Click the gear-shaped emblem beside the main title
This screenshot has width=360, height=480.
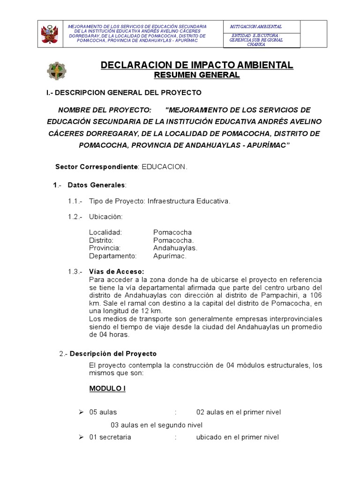57,71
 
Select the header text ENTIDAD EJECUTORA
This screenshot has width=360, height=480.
255,36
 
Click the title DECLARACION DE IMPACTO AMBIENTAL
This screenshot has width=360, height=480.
197,65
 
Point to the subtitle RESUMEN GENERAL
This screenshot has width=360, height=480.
197,75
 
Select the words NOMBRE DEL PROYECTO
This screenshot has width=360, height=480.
105,110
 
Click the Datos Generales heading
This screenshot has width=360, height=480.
96,185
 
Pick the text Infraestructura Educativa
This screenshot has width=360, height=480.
189,201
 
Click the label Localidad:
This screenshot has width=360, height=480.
105,232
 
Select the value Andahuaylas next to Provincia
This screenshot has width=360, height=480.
175,247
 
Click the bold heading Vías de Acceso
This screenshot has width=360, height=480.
116,271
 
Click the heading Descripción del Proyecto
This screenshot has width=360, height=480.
113,353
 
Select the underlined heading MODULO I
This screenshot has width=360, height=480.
107,389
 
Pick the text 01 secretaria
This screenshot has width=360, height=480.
110,437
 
